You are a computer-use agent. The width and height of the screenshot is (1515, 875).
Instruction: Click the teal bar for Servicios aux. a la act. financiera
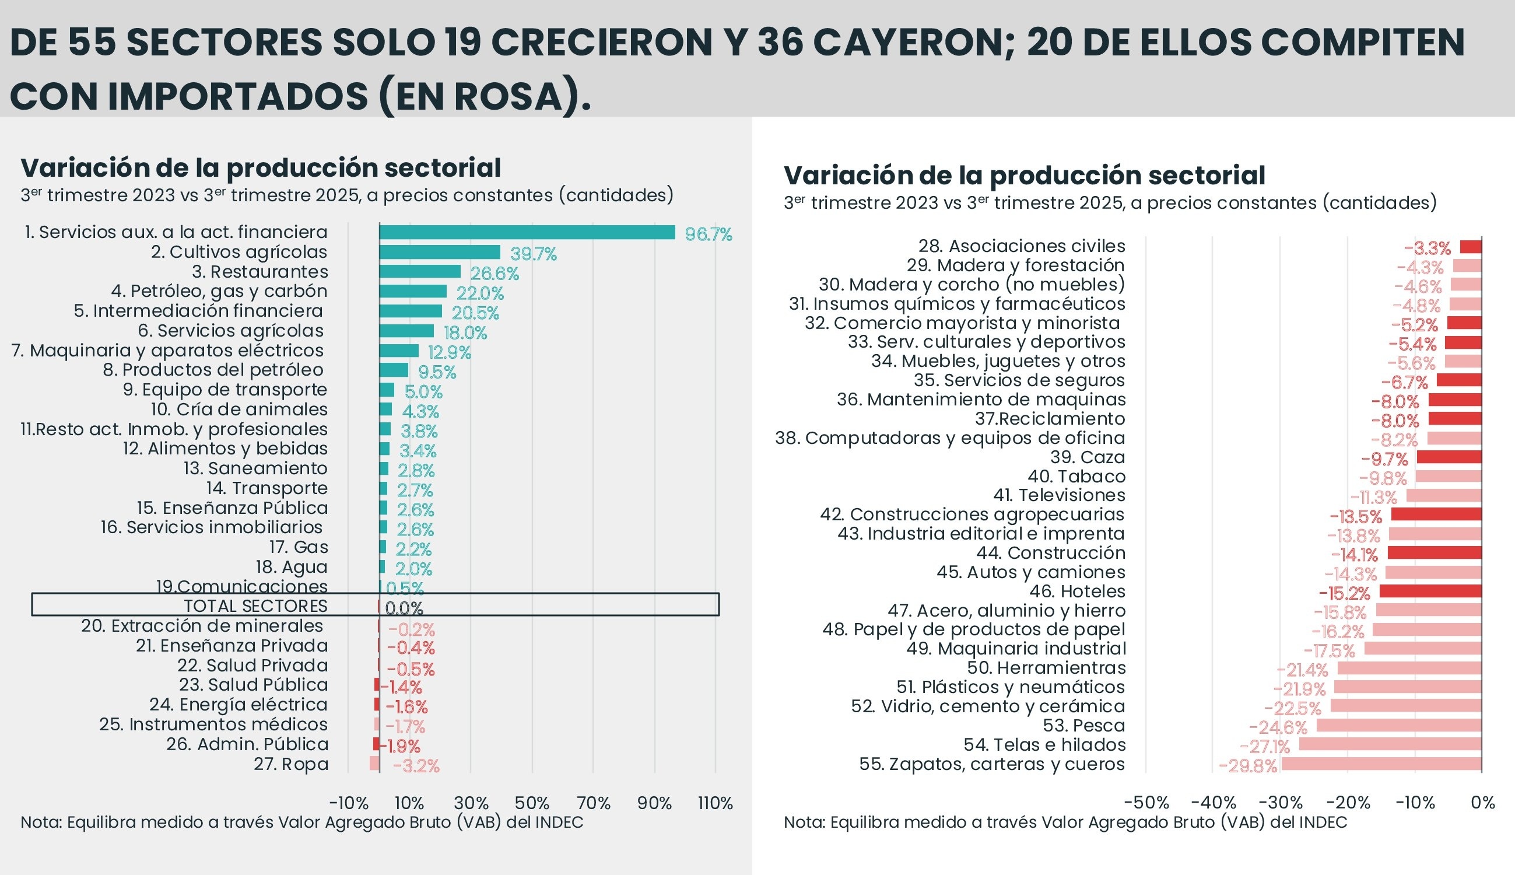[x=527, y=233]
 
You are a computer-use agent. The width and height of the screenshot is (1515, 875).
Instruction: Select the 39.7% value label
[x=534, y=254]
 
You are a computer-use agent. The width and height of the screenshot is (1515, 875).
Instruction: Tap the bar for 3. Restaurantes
[x=420, y=272]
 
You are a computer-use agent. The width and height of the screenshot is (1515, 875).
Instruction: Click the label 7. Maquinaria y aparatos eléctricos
[x=167, y=351]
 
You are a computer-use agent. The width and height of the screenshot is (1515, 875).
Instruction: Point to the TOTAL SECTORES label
[x=255, y=605]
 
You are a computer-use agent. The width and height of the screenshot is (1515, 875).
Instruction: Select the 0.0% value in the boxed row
[x=404, y=609]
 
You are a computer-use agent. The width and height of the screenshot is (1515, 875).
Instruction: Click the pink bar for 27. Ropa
[x=374, y=763]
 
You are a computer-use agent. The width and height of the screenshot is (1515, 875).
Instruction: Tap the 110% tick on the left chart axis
[x=715, y=803]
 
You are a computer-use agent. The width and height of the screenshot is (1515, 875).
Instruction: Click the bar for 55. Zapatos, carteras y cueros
[x=1381, y=764]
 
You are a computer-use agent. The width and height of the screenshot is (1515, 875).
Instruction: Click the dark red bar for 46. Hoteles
[x=1430, y=591]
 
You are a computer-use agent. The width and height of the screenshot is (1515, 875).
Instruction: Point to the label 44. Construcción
[x=1051, y=553]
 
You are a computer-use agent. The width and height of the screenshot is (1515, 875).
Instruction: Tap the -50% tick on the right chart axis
[x=1146, y=803]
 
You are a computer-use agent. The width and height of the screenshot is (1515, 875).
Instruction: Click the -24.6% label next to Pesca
[x=1278, y=728]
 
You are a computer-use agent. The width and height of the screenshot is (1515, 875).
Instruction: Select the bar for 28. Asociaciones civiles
[x=1471, y=246]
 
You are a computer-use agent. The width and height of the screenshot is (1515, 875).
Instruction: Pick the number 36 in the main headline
[x=781, y=43]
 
